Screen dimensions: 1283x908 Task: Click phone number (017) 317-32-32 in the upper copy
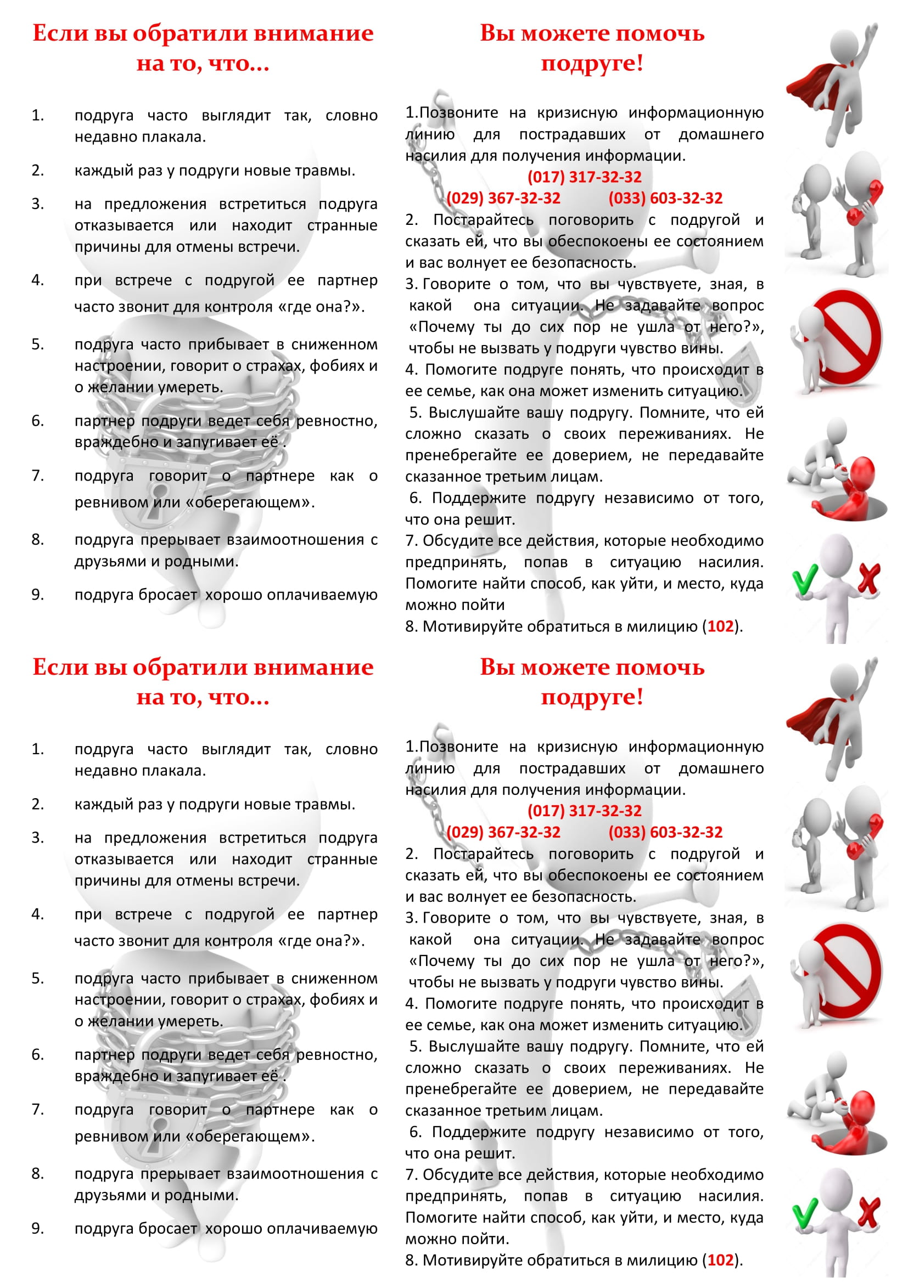(x=584, y=177)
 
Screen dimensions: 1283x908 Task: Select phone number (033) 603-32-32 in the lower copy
(x=665, y=832)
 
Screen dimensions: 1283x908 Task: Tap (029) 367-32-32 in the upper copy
(x=503, y=199)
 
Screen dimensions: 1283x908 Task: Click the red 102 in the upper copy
(x=720, y=626)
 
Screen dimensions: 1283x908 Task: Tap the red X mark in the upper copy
(x=868, y=578)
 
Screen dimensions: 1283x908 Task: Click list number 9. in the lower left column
(x=37, y=1229)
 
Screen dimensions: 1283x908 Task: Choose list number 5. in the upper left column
(x=37, y=344)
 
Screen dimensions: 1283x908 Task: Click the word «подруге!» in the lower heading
(x=592, y=697)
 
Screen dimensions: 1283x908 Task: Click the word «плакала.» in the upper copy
(x=173, y=137)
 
